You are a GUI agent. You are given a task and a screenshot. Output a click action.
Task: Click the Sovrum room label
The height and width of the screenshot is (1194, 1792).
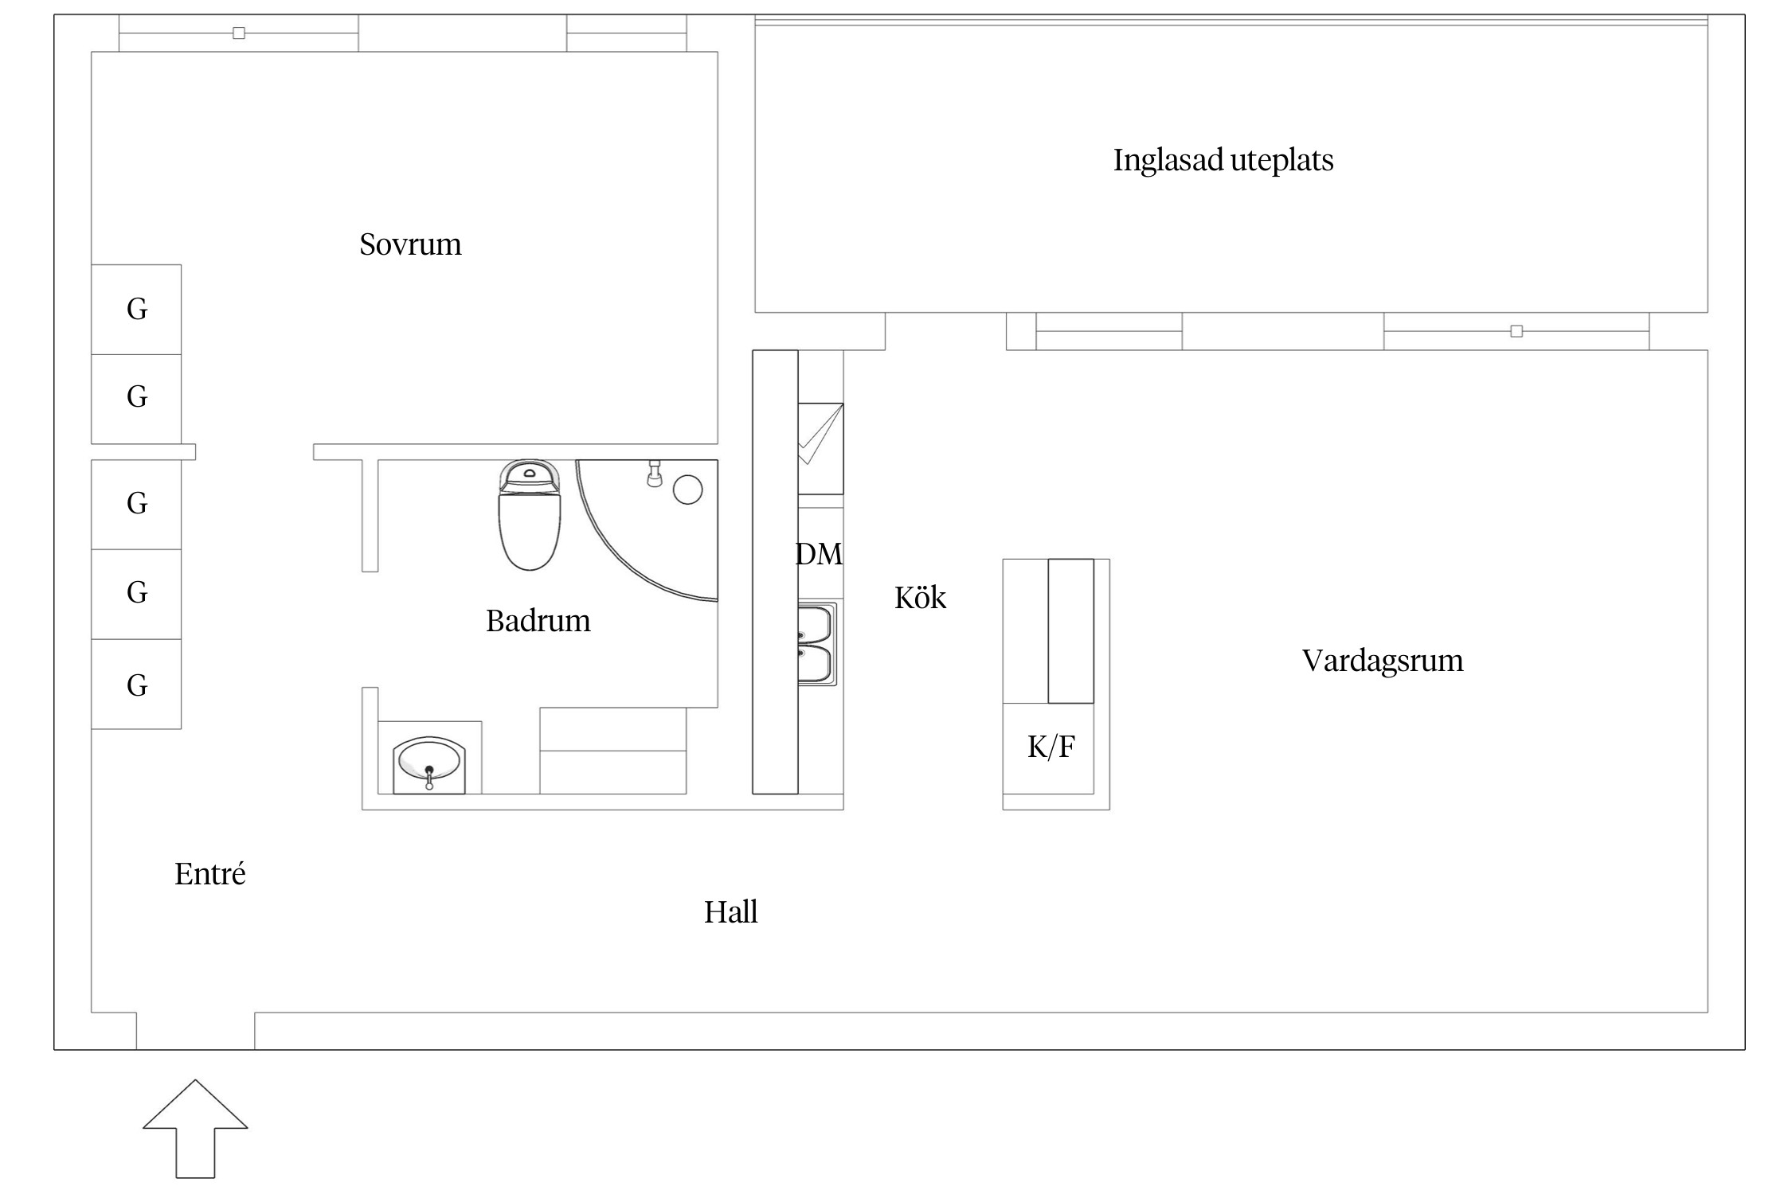[410, 244]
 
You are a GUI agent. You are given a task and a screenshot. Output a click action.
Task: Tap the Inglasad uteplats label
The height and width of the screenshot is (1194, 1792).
[1223, 161]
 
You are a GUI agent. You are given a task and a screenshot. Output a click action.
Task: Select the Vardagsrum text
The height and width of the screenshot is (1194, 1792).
[1382, 661]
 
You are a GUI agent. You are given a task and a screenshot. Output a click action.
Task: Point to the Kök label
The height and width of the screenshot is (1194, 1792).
[920, 598]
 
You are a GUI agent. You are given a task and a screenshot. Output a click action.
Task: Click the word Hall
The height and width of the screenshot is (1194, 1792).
[730, 912]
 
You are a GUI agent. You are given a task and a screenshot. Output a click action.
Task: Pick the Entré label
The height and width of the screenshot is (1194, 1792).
[209, 874]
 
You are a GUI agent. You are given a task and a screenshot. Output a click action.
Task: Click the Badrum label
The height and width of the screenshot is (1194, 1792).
[538, 621]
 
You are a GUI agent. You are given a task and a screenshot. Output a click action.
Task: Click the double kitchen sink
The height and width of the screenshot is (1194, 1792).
[816, 643]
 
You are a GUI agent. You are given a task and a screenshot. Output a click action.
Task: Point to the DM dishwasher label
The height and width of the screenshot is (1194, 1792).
[819, 554]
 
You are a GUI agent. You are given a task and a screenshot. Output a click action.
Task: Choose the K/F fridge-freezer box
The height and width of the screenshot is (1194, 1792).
[1051, 747]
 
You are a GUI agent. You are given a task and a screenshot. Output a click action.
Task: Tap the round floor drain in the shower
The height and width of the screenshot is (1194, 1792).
[687, 490]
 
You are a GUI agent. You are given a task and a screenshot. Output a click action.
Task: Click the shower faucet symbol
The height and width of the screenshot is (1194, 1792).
[654, 474]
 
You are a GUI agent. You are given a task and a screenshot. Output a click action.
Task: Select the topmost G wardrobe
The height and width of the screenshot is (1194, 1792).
[136, 309]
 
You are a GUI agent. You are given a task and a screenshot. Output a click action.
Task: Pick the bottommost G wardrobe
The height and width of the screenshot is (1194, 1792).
[136, 685]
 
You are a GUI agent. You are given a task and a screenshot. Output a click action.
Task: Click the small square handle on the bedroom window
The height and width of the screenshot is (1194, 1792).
[238, 33]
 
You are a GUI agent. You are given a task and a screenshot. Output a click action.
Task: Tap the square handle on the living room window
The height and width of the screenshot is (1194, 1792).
[1516, 331]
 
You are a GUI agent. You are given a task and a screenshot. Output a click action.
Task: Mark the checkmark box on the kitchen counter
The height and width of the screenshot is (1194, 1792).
[820, 448]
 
